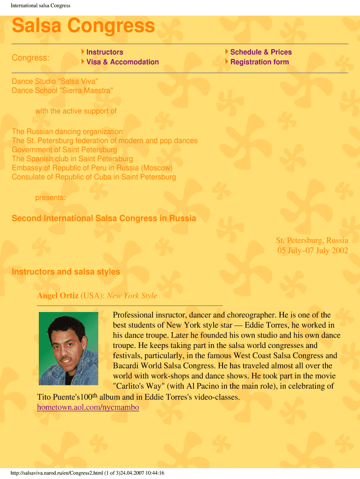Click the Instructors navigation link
pos(105,52)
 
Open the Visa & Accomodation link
pos(122,62)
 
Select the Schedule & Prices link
pos(260,52)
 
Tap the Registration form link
pos(259,62)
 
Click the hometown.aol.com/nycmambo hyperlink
pos(88,407)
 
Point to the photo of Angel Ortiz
pos(68,348)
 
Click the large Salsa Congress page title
pos(83,26)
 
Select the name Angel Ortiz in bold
pos(58,296)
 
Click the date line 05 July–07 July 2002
pos(312,250)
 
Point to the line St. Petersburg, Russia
pos(311,240)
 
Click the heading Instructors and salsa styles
pos(66,272)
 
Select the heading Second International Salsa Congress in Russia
pos(104,218)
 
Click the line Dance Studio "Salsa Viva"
pos(55,81)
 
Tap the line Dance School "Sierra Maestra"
pos(62,90)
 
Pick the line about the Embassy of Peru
pos(92,167)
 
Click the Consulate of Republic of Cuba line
pos(94,177)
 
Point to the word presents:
pos(50,198)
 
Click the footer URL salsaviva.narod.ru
pos(87,473)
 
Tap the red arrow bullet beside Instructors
pos(83,51)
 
